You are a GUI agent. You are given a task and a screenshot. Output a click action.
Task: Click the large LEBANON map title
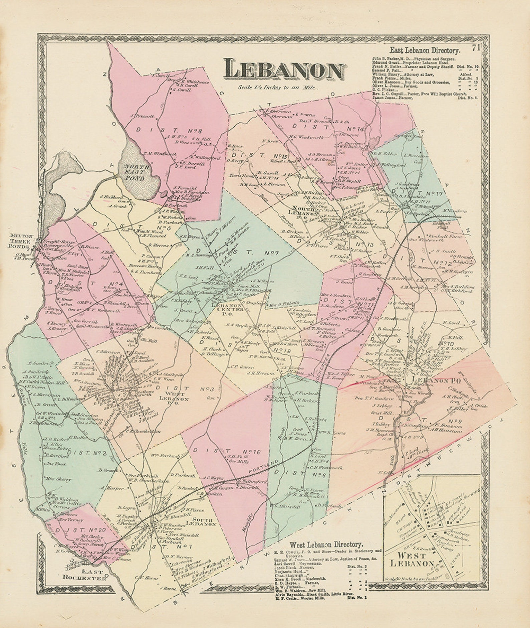click(x=284, y=70)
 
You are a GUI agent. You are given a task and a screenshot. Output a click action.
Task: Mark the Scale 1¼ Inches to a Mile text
click(x=278, y=87)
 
